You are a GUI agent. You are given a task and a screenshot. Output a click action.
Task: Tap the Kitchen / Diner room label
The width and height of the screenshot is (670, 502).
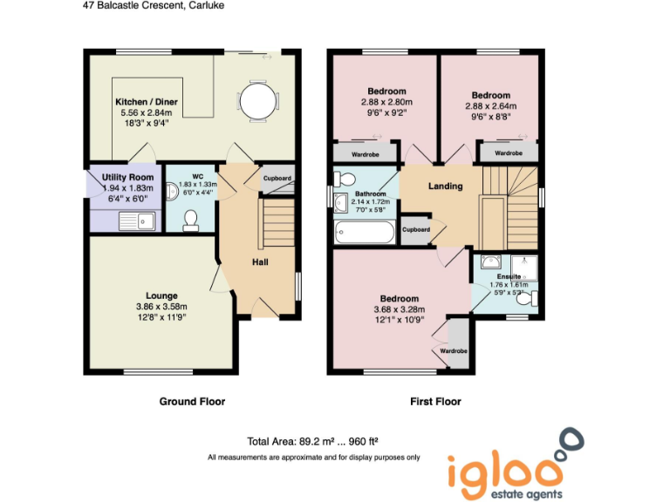(x=147, y=103)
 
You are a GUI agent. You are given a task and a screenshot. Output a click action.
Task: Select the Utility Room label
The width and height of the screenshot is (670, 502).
(x=127, y=178)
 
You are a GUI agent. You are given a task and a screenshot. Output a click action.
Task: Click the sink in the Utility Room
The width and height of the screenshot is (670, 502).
(x=137, y=221)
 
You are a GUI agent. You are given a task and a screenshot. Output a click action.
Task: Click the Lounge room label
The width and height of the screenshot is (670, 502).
(x=161, y=296)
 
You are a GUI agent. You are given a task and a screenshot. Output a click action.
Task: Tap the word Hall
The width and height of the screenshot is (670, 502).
(x=261, y=262)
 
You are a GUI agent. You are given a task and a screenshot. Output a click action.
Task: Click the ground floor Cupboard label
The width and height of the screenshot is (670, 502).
(x=278, y=179)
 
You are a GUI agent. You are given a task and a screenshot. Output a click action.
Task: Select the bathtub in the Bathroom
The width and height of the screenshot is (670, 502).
(x=366, y=233)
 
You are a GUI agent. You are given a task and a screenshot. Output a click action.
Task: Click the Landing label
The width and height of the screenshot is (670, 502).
(x=445, y=187)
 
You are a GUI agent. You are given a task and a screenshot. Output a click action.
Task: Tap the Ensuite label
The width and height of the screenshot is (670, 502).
(x=505, y=275)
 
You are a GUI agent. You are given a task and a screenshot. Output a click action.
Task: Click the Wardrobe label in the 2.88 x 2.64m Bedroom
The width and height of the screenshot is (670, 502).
(x=509, y=153)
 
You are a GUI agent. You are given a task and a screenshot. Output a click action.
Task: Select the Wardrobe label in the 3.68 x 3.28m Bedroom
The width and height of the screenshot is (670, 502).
(x=454, y=351)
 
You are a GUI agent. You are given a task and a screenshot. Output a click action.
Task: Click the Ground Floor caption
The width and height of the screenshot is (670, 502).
(x=192, y=402)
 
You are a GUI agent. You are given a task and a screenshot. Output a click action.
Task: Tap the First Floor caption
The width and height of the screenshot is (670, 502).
(x=435, y=402)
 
